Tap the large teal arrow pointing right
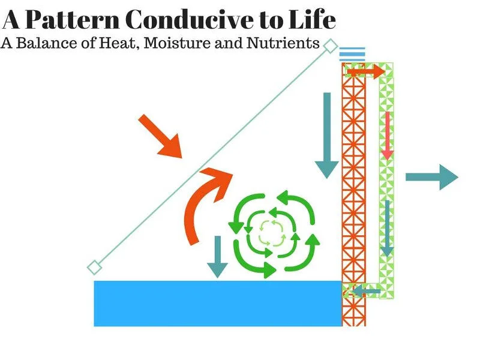click(432, 177)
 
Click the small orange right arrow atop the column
click(365, 72)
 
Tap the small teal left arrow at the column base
click(366, 292)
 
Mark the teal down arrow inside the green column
click(387, 228)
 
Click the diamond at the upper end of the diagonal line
click(330, 46)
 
